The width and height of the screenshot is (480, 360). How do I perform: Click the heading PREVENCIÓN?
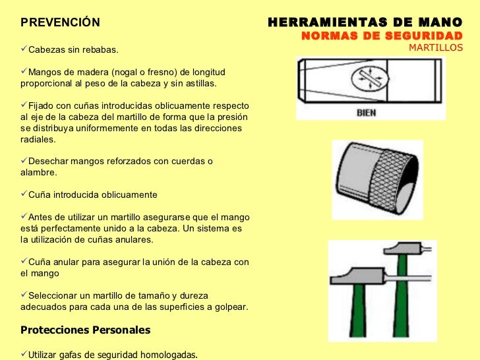(60, 23)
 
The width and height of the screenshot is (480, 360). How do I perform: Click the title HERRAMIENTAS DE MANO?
(365, 22)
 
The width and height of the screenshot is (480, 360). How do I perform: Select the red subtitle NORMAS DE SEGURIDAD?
(382, 36)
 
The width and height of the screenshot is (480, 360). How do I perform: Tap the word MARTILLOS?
(436, 47)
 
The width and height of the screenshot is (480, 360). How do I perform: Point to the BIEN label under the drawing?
(366, 112)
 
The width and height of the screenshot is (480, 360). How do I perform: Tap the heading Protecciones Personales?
(86, 330)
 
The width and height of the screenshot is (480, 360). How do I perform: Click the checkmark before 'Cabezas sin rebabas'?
(24, 49)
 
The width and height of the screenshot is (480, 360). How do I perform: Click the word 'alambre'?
(38, 173)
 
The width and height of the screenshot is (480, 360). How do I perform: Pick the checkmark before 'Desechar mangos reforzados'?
(24, 161)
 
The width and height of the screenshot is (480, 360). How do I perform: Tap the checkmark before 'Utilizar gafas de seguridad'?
(24, 355)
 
